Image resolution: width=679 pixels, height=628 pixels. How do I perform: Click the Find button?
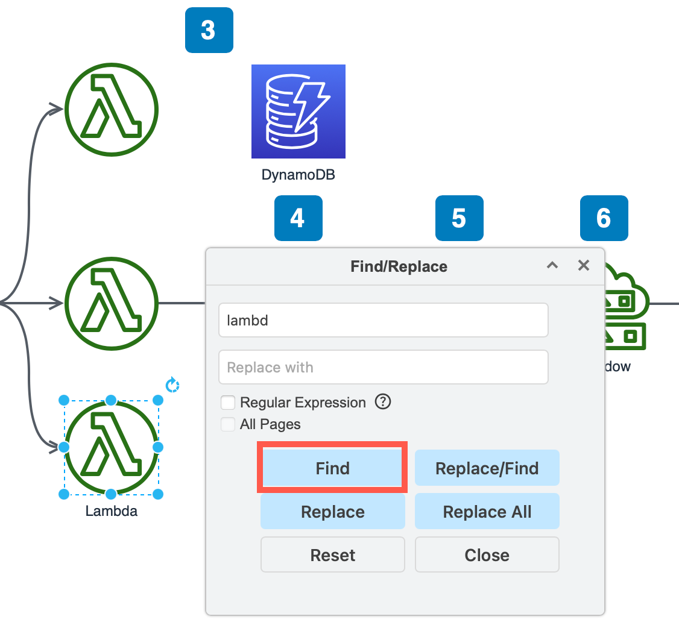click(332, 468)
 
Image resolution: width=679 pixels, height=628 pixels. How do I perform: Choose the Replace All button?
click(487, 512)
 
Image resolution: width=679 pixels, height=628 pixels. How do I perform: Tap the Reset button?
click(332, 555)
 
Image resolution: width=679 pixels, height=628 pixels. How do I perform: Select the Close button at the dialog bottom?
click(487, 555)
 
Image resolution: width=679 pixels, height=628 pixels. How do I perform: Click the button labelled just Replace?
click(332, 512)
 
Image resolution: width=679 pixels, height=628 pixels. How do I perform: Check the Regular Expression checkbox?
click(228, 403)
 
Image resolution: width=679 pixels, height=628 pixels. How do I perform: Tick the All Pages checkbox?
click(228, 424)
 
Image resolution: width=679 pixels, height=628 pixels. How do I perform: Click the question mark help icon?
click(383, 401)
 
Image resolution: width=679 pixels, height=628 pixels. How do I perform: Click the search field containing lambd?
click(383, 320)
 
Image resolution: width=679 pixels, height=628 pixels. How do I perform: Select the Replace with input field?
click(383, 367)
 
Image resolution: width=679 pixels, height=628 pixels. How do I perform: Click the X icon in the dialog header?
click(583, 265)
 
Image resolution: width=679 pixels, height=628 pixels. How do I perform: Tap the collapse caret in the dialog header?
click(552, 265)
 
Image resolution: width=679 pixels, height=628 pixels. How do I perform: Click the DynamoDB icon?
click(298, 111)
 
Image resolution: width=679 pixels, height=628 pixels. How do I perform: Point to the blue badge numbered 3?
click(209, 30)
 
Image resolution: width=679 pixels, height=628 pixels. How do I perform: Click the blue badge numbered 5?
click(459, 218)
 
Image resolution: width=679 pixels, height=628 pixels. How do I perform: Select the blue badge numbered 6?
click(604, 218)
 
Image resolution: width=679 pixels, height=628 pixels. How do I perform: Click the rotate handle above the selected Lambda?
click(172, 385)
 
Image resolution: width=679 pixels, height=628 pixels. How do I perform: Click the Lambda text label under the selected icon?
click(111, 512)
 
